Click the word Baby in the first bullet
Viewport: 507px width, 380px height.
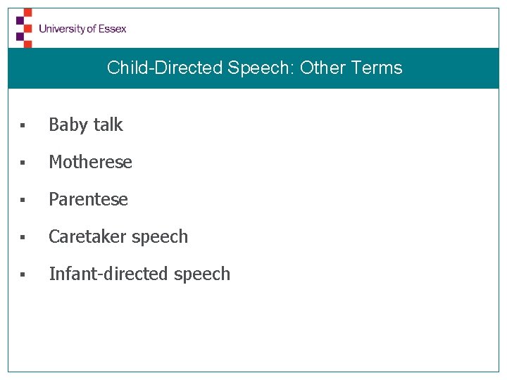coord(68,125)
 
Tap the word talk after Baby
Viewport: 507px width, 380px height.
coord(108,125)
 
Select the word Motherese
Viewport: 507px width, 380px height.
coord(90,162)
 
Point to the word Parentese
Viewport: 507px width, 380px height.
coord(88,199)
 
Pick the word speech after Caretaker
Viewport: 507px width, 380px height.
coord(160,237)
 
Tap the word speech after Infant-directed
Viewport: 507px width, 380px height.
coord(202,274)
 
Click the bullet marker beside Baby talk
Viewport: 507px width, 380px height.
coord(23,126)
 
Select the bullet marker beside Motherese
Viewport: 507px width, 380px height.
coord(23,163)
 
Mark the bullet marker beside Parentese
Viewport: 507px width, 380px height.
coord(23,201)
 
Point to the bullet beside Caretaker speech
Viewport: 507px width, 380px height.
coord(23,238)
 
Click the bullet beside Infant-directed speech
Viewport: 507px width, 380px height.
coord(23,275)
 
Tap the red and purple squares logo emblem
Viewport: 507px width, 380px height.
coord(24,27)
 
